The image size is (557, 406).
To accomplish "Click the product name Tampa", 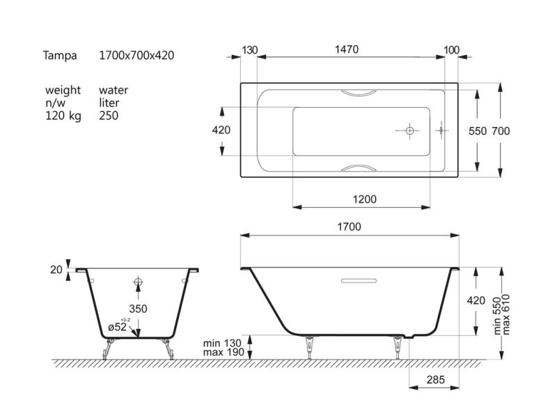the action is (60, 56).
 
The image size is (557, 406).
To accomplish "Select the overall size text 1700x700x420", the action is (136, 56).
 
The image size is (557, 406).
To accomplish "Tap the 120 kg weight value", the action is (63, 115).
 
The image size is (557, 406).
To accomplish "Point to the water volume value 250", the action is (109, 115).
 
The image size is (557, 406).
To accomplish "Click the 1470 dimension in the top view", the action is (347, 49).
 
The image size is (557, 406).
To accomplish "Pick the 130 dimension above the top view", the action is (250, 50).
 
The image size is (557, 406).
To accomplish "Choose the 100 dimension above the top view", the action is (451, 50).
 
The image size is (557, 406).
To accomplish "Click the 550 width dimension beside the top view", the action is (478, 131).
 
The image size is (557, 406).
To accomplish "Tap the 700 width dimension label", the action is (501, 131).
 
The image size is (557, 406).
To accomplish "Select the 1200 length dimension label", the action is (364, 200).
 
